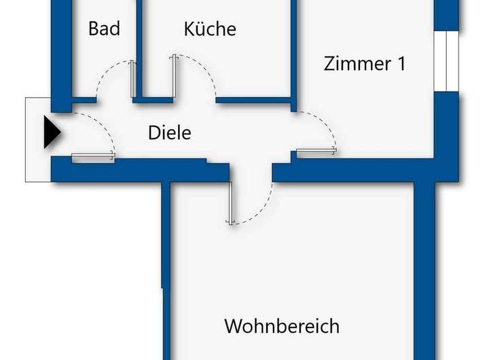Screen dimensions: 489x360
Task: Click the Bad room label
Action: [x=104, y=29]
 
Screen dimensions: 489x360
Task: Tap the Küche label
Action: [x=210, y=29]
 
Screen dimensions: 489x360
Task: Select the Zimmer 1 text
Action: [x=365, y=64]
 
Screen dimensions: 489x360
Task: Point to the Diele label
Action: [x=170, y=132]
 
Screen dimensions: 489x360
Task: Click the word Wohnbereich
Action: [x=282, y=326]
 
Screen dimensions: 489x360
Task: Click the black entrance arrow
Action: [x=52, y=132]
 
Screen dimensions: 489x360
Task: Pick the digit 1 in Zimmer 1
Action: [x=401, y=64]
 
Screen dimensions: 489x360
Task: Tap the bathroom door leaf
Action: [x=133, y=79]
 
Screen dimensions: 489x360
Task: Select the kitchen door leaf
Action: [x=175, y=76]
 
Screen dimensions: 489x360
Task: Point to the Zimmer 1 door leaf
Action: [x=316, y=151]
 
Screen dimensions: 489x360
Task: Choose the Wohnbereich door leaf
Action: [x=231, y=203]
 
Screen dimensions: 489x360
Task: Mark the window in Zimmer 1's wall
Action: [x=447, y=61]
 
